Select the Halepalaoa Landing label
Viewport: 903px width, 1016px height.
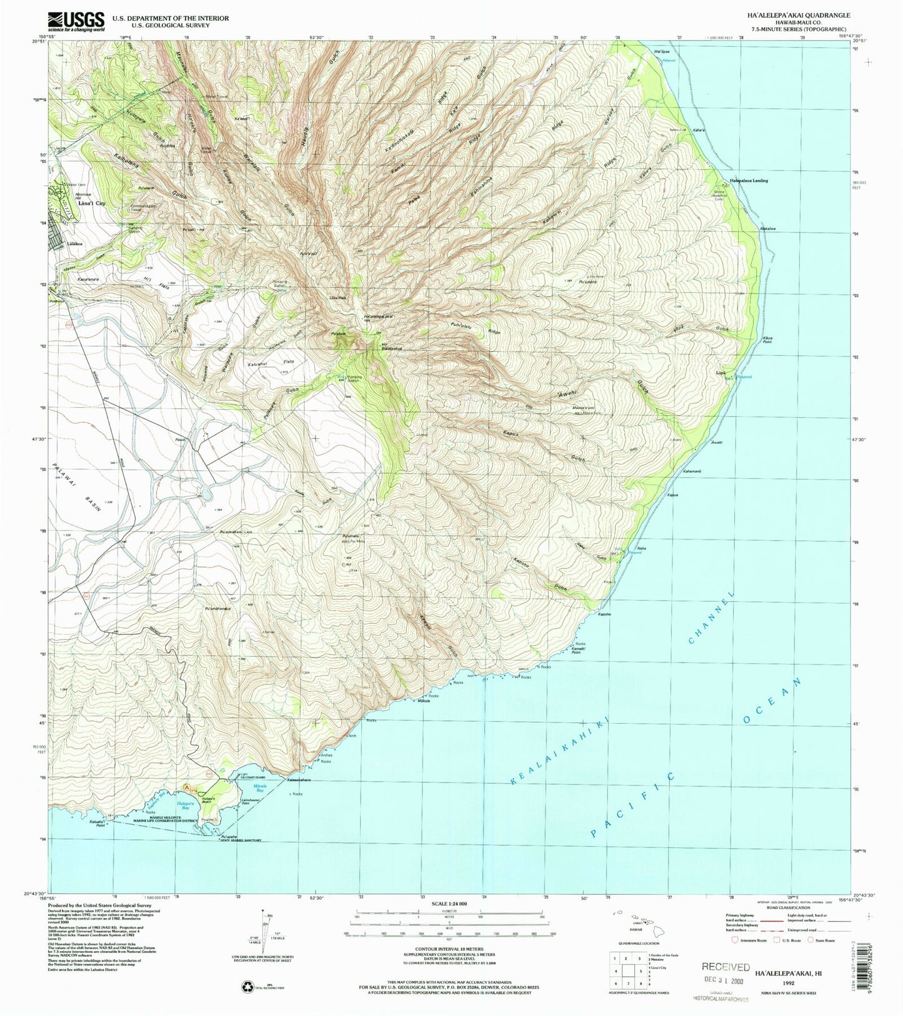749,181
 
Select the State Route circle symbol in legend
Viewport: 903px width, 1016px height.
811,940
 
